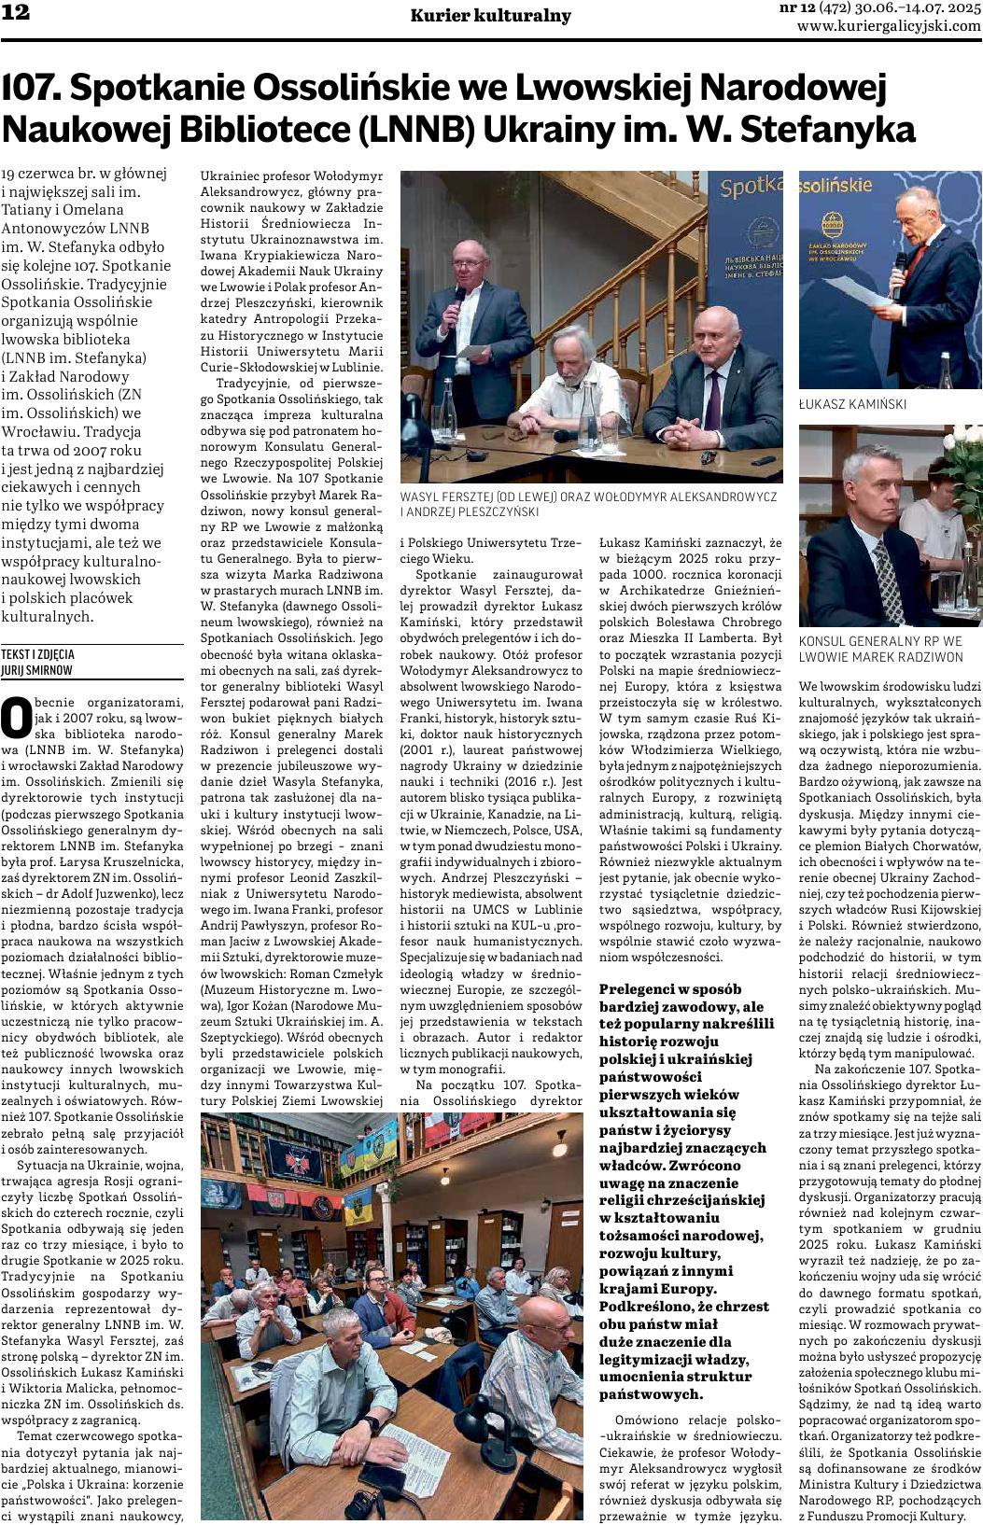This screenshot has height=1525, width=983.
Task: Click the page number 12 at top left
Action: pos(16,13)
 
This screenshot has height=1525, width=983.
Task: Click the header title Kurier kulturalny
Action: pos(490,15)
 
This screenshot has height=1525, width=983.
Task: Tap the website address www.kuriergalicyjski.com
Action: pos(889,26)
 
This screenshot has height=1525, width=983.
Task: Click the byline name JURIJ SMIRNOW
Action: pos(36,670)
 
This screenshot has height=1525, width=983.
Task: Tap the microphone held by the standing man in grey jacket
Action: pos(458,297)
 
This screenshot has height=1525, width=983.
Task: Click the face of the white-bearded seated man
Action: pos(572,348)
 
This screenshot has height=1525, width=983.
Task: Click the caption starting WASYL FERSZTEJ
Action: pos(588,504)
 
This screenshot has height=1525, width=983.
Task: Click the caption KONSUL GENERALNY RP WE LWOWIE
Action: pos(880,649)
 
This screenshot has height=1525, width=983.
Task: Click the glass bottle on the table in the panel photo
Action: pos(587,411)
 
